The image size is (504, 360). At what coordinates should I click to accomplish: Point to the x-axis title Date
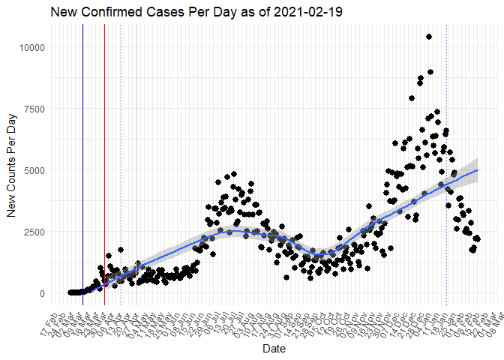274,349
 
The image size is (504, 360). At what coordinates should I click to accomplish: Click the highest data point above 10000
428,37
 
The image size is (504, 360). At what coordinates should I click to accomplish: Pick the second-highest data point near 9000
430,72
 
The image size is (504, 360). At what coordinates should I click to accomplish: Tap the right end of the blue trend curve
477,170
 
